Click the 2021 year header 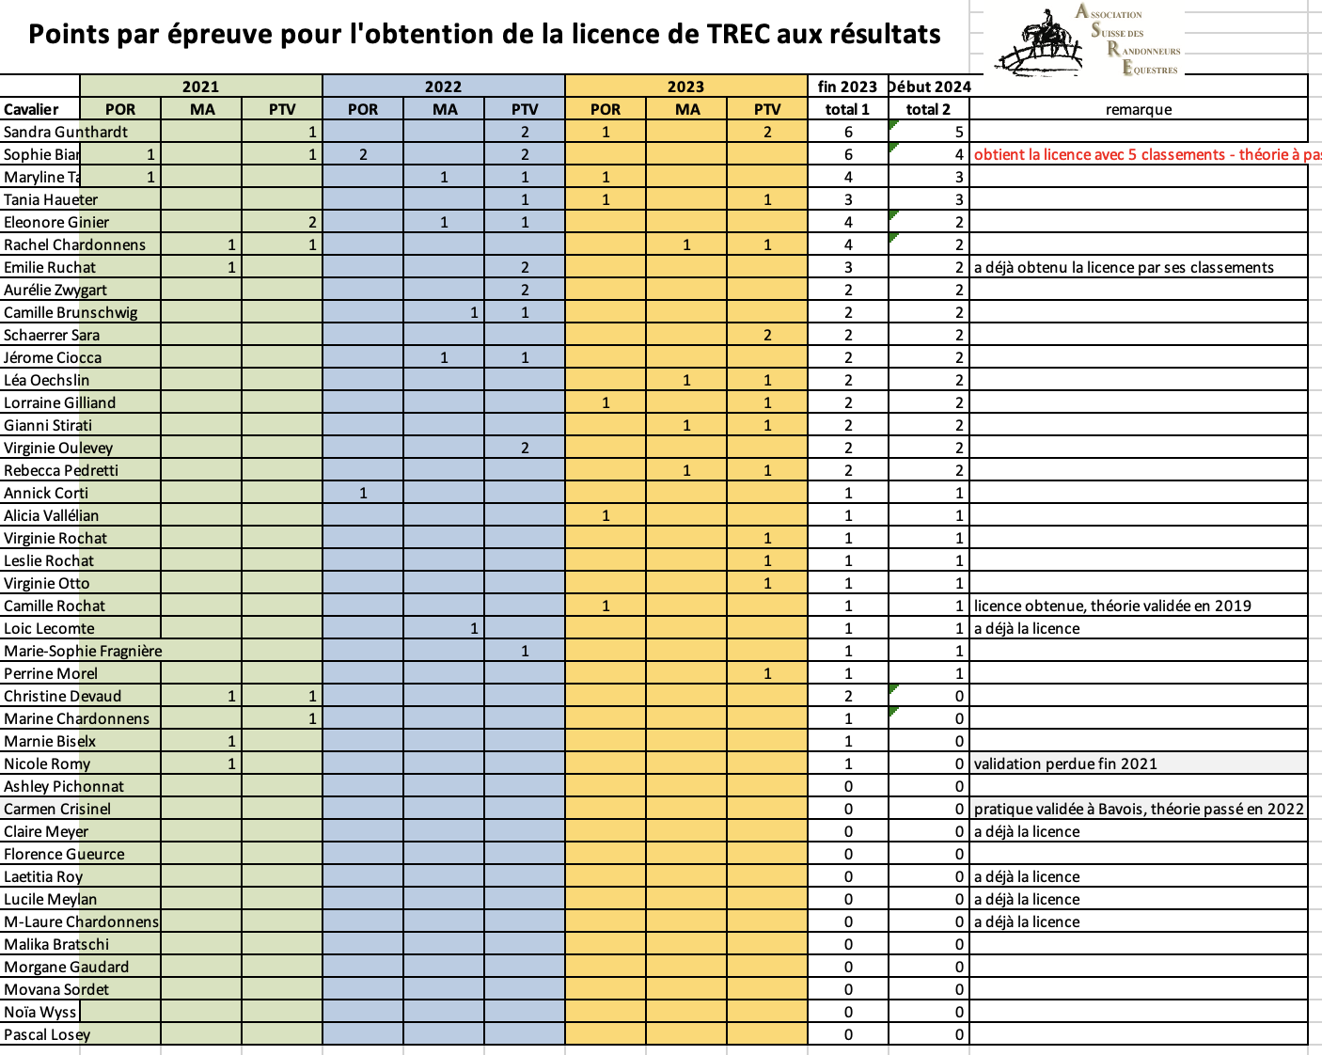[x=200, y=87]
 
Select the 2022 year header [x=443, y=87]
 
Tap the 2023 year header [x=685, y=87]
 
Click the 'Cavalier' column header [x=31, y=109]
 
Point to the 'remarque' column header [x=1138, y=109]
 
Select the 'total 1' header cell [x=847, y=109]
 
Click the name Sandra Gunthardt [x=66, y=132]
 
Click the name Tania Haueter [x=51, y=199]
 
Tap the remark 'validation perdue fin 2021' [x=1065, y=764]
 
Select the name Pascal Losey [x=47, y=1034]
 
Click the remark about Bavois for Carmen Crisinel [x=1139, y=809]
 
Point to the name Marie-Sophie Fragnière [x=83, y=651]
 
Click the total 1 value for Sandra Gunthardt [x=848, y=132]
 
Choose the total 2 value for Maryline [x=959, y=177]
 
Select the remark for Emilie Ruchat [x=1124, y=267]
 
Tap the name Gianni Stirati [x=48, y=425]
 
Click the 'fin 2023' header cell [x=847, y=87]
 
